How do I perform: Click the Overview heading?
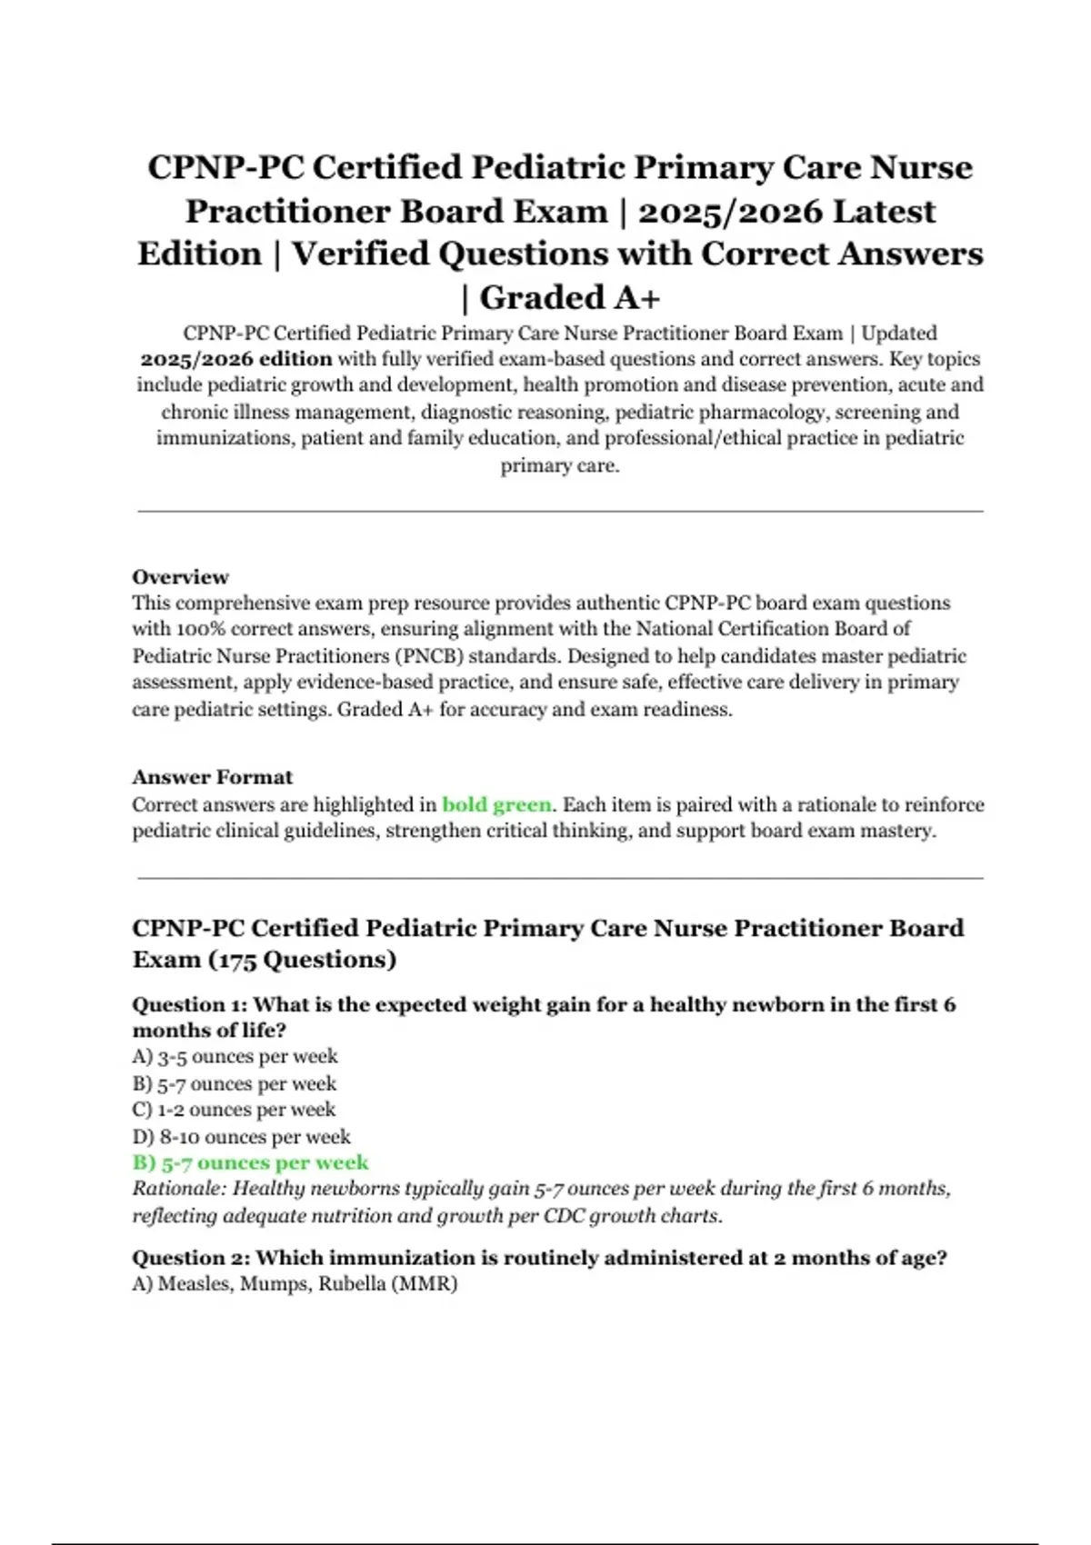[180, 577]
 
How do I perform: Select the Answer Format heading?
[212, 777]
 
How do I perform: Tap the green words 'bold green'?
[496, 804]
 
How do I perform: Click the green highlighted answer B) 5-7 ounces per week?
[250, 1162]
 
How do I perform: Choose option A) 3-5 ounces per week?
[235, 1056]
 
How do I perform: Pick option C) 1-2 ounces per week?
[234, 1110]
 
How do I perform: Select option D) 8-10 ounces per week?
[241, 1136]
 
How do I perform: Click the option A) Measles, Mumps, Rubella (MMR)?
[295, 1283]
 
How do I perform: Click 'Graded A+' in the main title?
[570, 297]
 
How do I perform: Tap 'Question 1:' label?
[189, 1004]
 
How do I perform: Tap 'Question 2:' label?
[190, 1258]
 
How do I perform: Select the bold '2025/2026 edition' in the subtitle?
[235, 359]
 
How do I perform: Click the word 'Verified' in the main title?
[360, 254]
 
